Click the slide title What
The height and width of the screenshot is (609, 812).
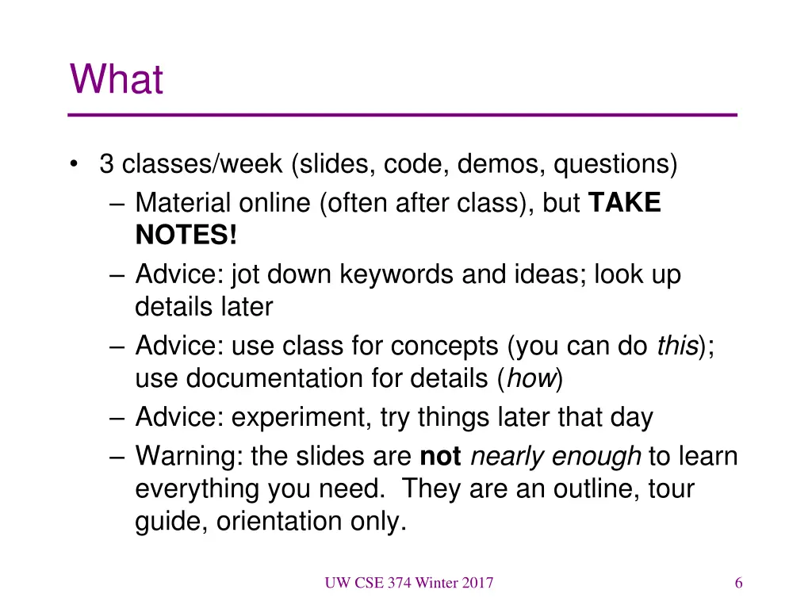coord(117,79)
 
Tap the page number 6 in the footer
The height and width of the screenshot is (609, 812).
coord(738,584)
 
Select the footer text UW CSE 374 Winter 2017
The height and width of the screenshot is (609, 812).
coord(408,584)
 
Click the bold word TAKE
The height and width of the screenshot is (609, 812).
coord(625,204)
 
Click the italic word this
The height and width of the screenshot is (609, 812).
coord(677,347)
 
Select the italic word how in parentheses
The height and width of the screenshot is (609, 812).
coord(530,379)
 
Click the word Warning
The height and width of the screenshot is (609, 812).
coord(188,457)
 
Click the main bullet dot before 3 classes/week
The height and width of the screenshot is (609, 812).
coord(74,165)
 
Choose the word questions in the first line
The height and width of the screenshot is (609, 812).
coord(615,165)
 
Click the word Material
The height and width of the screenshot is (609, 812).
coord(182,204)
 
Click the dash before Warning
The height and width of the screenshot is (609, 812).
coord(119,457)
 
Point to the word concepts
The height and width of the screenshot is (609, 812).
coord(445,347)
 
